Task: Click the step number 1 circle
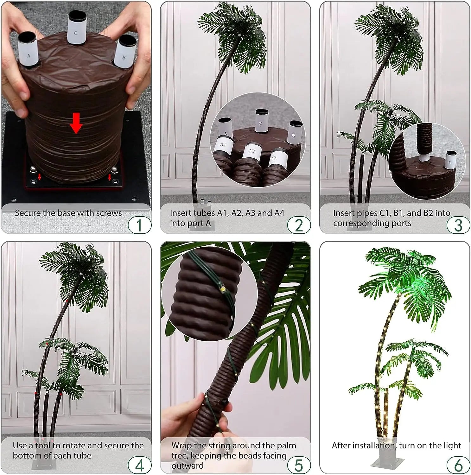(x=139, y=225)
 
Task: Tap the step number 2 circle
(x=299, y=225)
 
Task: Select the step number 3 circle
(x=458, y=225)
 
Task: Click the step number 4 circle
(x=139, y=465)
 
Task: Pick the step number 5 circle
(x=299, y=465)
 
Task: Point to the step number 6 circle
(x=458, y=465)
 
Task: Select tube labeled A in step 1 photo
(x=29, y=51)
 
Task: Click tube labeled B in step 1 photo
(x=124, y=52)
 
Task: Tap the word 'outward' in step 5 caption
(x=188, y=466)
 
